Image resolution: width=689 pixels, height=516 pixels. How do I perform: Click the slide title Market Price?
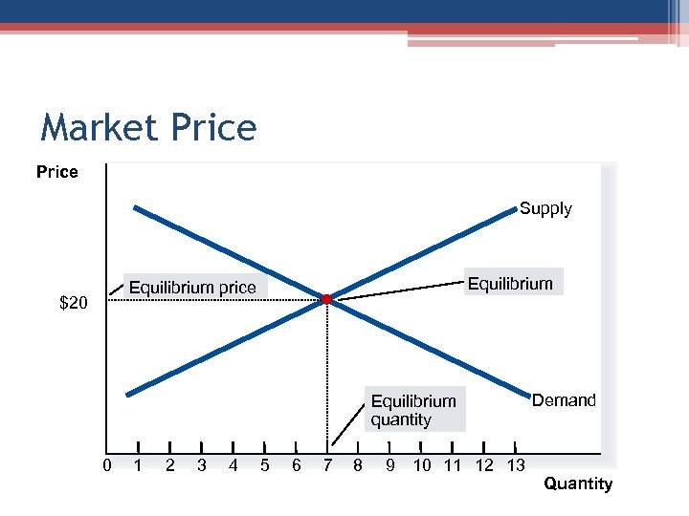(x=148, y=127)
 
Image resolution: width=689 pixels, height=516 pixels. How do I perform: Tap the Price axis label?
(x=56, y=172)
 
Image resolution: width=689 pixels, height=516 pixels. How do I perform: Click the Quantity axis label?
(x=578, y=484)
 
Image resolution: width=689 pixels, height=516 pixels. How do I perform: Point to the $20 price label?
(x=74, y=304)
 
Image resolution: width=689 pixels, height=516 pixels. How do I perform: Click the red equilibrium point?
(x=326, y=300)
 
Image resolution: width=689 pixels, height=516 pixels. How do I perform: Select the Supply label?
(x=545, y=208)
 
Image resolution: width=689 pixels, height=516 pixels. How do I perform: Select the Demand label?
(x=564, y=400)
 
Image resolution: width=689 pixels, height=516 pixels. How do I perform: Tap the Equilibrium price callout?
(x=192, y=287)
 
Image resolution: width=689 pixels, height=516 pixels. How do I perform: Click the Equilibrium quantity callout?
(x=413, y=410)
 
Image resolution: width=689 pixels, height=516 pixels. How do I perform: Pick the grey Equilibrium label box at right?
(x=509, y=283)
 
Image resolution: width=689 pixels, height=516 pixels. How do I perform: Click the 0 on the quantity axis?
(x=108, y=465)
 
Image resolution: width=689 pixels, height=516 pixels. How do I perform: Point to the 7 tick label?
(x=327, y=465)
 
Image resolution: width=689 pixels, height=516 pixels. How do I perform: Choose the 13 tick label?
(x=515, y=465)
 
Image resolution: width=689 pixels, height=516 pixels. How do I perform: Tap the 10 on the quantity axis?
(x=421, y=465)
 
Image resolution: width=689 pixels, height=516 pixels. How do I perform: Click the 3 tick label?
(x=201, y=465)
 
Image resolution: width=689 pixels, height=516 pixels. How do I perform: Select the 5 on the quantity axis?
(x=264, y=465)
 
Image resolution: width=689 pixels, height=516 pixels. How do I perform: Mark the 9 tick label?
(x=389, y=465)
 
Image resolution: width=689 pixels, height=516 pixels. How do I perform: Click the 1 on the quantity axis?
(x=139, y=465)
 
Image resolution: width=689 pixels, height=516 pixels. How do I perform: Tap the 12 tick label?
(x=484, y=465)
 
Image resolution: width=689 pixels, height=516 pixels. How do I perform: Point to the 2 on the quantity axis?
(x=169, y=465)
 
